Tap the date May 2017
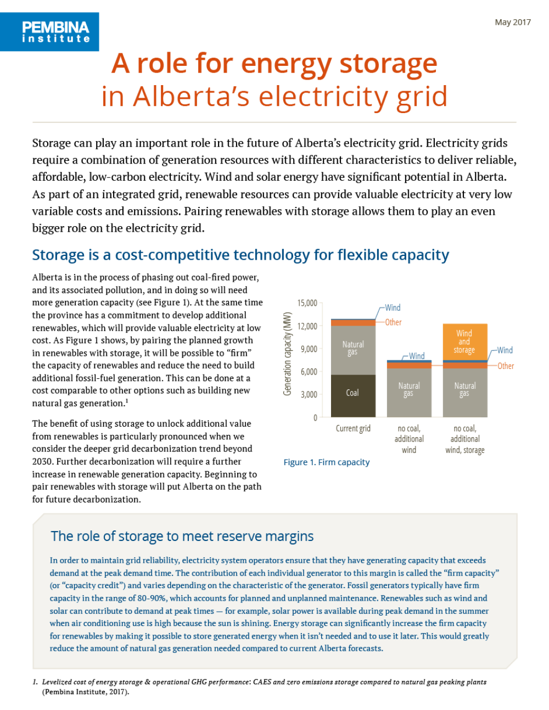tap(513, 22)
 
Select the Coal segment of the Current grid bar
tap(352, 395)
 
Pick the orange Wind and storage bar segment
tap(464, 342)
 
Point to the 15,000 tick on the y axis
tap(307, 303)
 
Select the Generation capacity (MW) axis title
tap(287, 354)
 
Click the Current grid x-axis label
tap(353, 428)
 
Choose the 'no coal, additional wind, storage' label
tap(465, 439)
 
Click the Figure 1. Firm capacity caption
tap(327, 462)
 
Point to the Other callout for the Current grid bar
tap(393, 322)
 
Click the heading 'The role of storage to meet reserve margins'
tap(182, 536)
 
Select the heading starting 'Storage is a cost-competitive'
tap(240, 255)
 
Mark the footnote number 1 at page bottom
tap(35, 682)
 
